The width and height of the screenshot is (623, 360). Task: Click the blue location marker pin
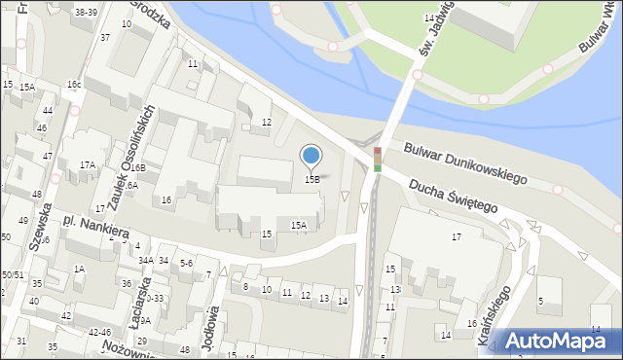(x=311, y=155)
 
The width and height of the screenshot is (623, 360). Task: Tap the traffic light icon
(x=377, y=160)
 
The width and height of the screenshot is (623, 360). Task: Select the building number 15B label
(x=312, y=180)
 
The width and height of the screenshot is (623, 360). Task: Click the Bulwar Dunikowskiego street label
(x=465, y=162)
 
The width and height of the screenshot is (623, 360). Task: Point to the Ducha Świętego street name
(x=453, y=195)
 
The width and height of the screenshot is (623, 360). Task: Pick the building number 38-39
(x=86, y=12)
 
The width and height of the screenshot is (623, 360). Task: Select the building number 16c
(x=74, y=85)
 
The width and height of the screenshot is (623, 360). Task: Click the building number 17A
(x=88, y=165)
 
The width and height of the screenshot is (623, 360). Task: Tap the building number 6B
(x=139, y=167)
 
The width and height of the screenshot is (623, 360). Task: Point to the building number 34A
(x=145, y=261)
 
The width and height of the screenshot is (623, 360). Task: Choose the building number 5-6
(x=186, y=263)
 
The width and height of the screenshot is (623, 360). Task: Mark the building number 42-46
(x=99, y=332)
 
